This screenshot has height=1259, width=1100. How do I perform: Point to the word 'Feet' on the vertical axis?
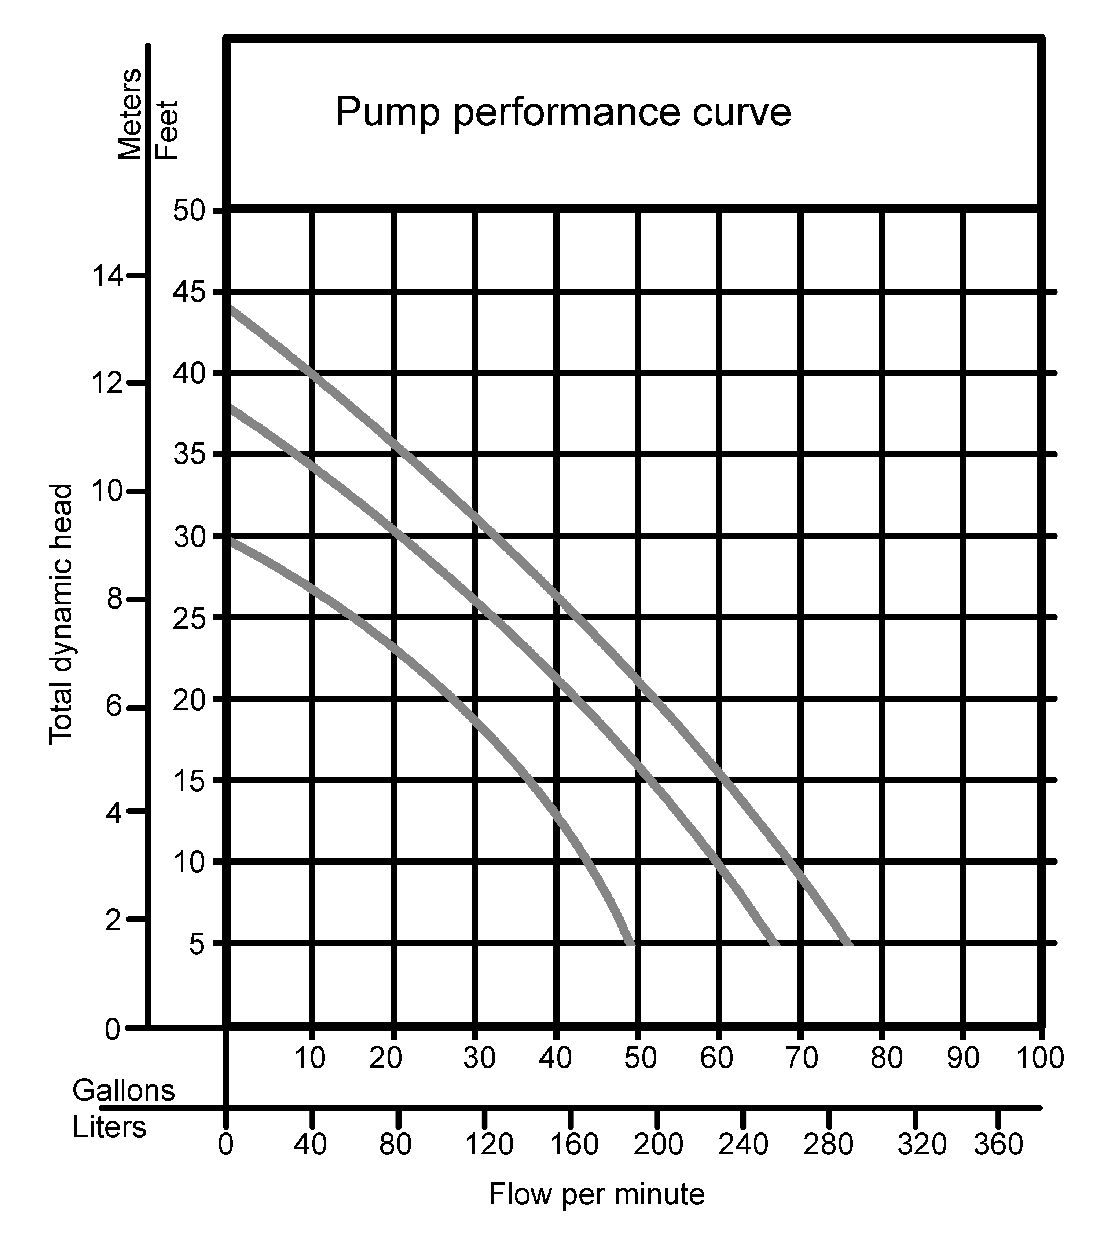[167, 129]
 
